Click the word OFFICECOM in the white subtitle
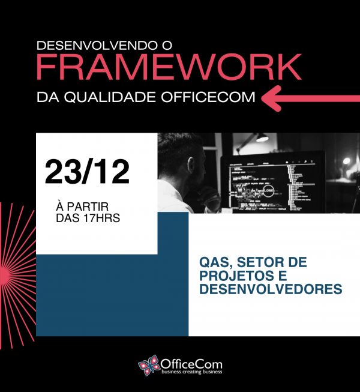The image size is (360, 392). [213, 97]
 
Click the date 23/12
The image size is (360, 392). [88, 172]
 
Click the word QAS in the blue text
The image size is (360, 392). [213, 263]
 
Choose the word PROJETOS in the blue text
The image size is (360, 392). [232, 276]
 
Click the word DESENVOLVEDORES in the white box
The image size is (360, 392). [270, 289]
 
